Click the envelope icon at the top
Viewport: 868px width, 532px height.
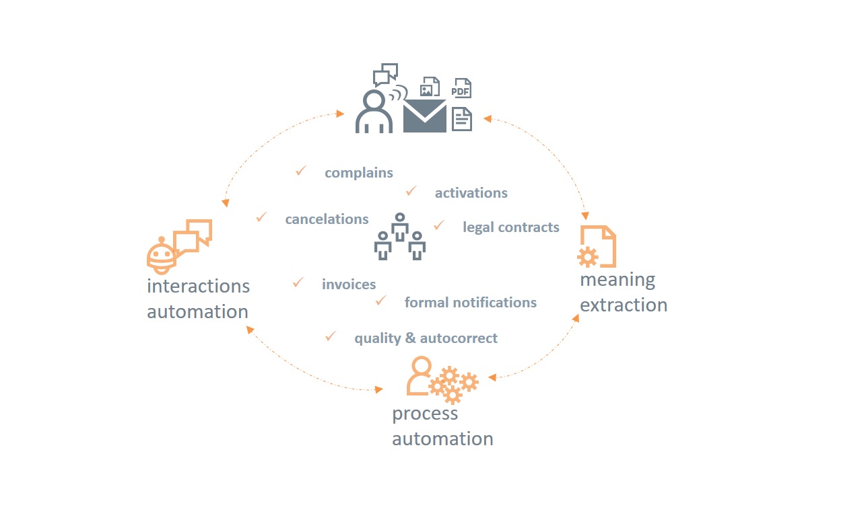click(x=424, y=116)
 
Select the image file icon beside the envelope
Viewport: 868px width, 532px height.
click(x=430, y=87)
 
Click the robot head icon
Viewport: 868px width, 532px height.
click(x=160, y=256)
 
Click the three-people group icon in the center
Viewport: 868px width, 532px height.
click(x=400, y=237)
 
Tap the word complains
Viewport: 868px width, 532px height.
click(x=358, y=173)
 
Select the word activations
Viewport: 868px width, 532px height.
click(x=471, y=193)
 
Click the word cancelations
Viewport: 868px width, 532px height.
click(x=327, y=219)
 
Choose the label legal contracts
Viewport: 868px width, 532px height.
click(x=510, y=227)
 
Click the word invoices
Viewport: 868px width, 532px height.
click(x=349, y=284)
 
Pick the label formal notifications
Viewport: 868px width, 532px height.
click(x=470, y=303)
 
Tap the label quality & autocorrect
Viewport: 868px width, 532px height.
click(x=426, y=338)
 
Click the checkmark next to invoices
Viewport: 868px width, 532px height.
click(x=298, y=282)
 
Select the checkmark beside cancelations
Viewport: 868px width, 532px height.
click(x=261, y=217)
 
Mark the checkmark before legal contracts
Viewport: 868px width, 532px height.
click(x=439, y=225)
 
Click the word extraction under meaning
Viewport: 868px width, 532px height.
click(x=624, y=305)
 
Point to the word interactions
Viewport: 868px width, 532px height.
click(x=198, y=286)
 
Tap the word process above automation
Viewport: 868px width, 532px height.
click(x=425, y=414)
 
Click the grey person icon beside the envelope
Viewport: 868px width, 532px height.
click(x=374, y=112)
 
